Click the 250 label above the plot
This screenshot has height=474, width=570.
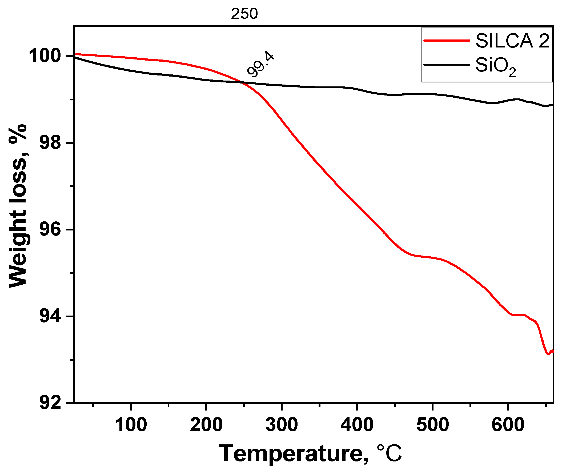click(244, 14)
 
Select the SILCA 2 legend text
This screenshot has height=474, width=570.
click(512, 41)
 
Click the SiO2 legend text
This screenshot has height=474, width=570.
click(495, 66)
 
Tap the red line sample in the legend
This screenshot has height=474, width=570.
click(447, 41)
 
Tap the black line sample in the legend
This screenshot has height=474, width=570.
click(447, 65)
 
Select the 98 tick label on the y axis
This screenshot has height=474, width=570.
click(50, 143)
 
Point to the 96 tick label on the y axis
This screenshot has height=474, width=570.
click(50, 229)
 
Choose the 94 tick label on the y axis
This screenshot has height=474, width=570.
click(50, 316)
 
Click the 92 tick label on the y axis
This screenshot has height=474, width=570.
click(50, 403)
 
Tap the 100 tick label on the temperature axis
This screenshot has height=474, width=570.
click(131, 425)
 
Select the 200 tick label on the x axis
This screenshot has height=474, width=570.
click(206, 425)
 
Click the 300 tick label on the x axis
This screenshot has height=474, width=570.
click(282, 425)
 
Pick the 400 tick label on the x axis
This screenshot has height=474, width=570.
click(357, 425)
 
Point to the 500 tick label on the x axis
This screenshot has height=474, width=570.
click(432, 425)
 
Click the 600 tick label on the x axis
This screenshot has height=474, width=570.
click(508, 425)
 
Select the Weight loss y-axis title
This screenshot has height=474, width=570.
click(18, 206)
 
